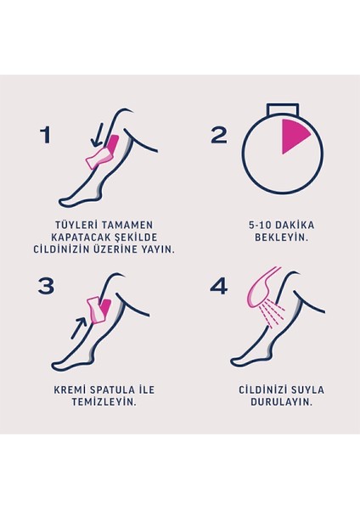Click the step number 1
click(x=47, y=135)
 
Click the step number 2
click(x=219, y=135)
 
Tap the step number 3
click(x=47, y=287)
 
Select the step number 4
click(x=219, y=287)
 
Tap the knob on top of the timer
click(x=282, y=109)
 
